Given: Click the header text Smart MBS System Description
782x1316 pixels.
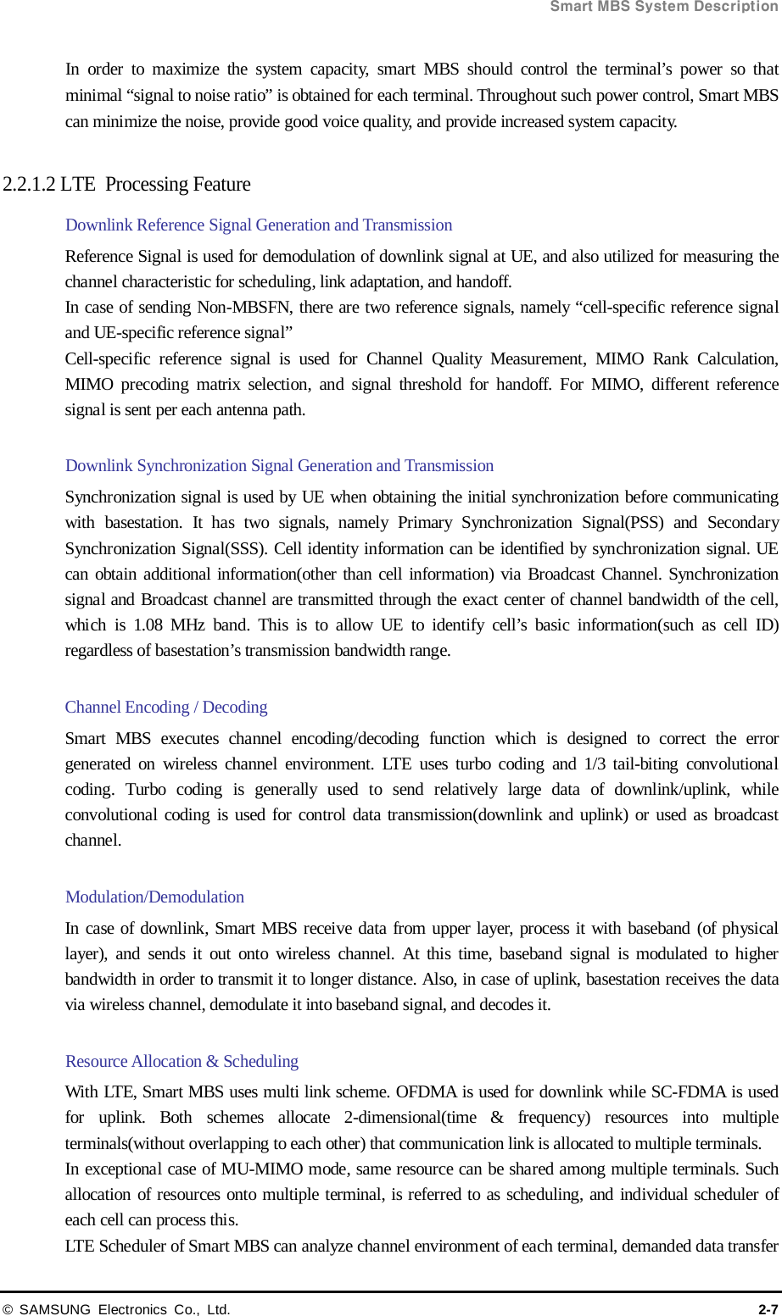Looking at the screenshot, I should tap(663, 7).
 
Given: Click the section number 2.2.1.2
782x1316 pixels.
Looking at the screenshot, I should tap(30, 185).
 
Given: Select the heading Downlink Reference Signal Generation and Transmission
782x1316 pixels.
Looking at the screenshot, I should tap(259, 225).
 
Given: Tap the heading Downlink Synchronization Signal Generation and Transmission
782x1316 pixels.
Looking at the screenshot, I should tap(279, 466).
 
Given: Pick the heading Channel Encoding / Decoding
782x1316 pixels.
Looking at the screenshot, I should tap(166, 708).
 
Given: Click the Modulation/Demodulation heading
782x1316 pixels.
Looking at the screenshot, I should tap(154, 897).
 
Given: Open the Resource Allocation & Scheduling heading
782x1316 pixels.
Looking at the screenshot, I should tap(182, 1062).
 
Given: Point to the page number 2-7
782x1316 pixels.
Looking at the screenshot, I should tap(768, 1309).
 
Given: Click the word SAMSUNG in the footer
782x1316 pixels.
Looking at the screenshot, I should tap(54, 1309).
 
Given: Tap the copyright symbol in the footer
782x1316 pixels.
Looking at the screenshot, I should tap(8, 1309).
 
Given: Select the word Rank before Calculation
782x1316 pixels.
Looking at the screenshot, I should tap(671, 359).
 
